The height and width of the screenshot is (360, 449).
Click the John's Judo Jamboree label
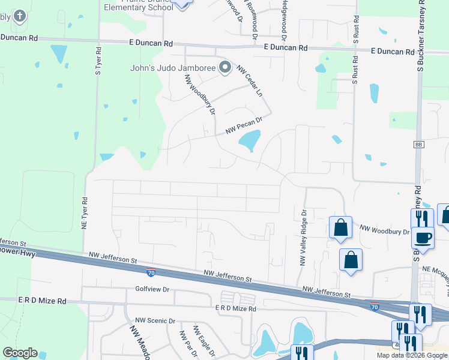point(173,68)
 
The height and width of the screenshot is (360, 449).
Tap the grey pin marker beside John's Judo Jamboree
point(225,67)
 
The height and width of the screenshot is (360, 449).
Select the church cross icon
point(20,16)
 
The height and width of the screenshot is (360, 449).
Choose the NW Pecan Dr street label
point(244,125)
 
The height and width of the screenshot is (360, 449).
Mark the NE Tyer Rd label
point(85,214)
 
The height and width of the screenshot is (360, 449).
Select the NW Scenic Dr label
point(155,321)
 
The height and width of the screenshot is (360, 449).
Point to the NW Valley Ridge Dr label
point(303,238)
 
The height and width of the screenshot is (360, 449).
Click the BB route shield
point(418,145)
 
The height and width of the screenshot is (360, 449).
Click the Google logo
point(20,353)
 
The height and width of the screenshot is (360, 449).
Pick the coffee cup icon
point(424,236)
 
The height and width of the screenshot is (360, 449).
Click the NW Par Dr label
point(185,344)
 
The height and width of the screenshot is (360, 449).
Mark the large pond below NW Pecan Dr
point(249,142)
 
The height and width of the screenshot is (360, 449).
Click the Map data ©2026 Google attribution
point(412,355)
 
